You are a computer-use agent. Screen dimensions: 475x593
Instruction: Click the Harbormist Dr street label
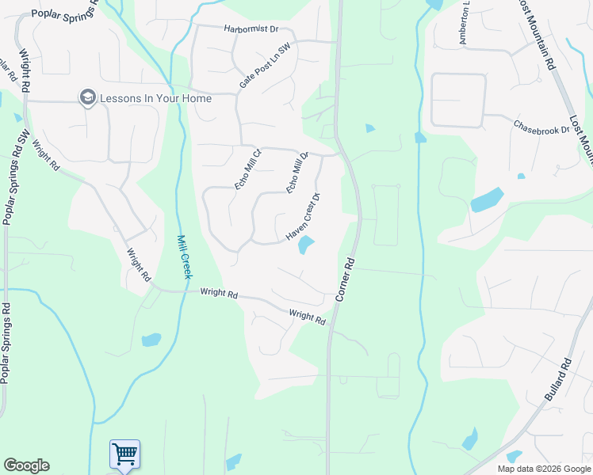[x=251, y=29]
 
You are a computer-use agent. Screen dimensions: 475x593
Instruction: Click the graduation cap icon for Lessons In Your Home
[x=86, y=97]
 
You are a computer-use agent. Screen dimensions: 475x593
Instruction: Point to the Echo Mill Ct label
[x=247, y=169]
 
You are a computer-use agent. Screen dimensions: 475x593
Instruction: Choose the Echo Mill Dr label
[x=296, y=173]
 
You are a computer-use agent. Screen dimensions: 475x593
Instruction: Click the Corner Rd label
[x=343, y=279]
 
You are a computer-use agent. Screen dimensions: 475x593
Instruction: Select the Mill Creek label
[x=184, y=256]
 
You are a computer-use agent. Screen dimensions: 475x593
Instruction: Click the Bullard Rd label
[x=558, y=381]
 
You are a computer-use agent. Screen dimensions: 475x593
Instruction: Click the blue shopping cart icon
[x=124, y=454]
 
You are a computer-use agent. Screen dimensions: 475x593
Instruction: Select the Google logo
[x=26, y=465]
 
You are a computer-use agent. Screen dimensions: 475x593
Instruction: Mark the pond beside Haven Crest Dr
[x=306, y=246]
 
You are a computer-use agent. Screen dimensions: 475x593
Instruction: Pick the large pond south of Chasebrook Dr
[x=487, y=199]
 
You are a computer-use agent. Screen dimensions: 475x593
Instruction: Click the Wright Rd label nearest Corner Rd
[x=308, y=317]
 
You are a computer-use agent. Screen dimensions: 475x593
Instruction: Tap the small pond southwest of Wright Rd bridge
[x=151, y=340]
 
